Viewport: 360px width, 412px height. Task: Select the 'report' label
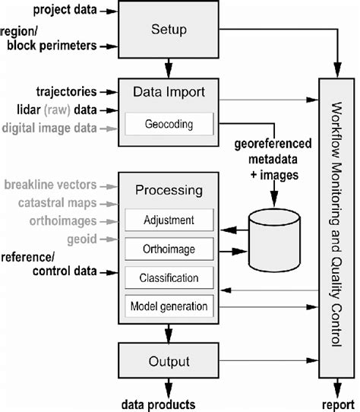point(336,404)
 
